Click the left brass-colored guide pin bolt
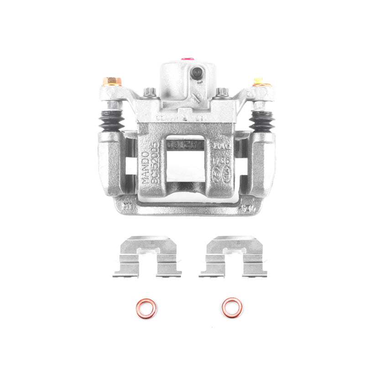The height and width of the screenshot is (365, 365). click(111, 82)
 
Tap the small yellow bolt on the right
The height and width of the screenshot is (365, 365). click(259, 81)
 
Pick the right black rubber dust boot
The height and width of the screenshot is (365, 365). click(261, 122)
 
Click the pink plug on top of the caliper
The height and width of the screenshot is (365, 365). click(186, 59)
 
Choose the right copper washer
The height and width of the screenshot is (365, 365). click(232, 308)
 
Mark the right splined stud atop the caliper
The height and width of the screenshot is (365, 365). click(222, 93)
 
